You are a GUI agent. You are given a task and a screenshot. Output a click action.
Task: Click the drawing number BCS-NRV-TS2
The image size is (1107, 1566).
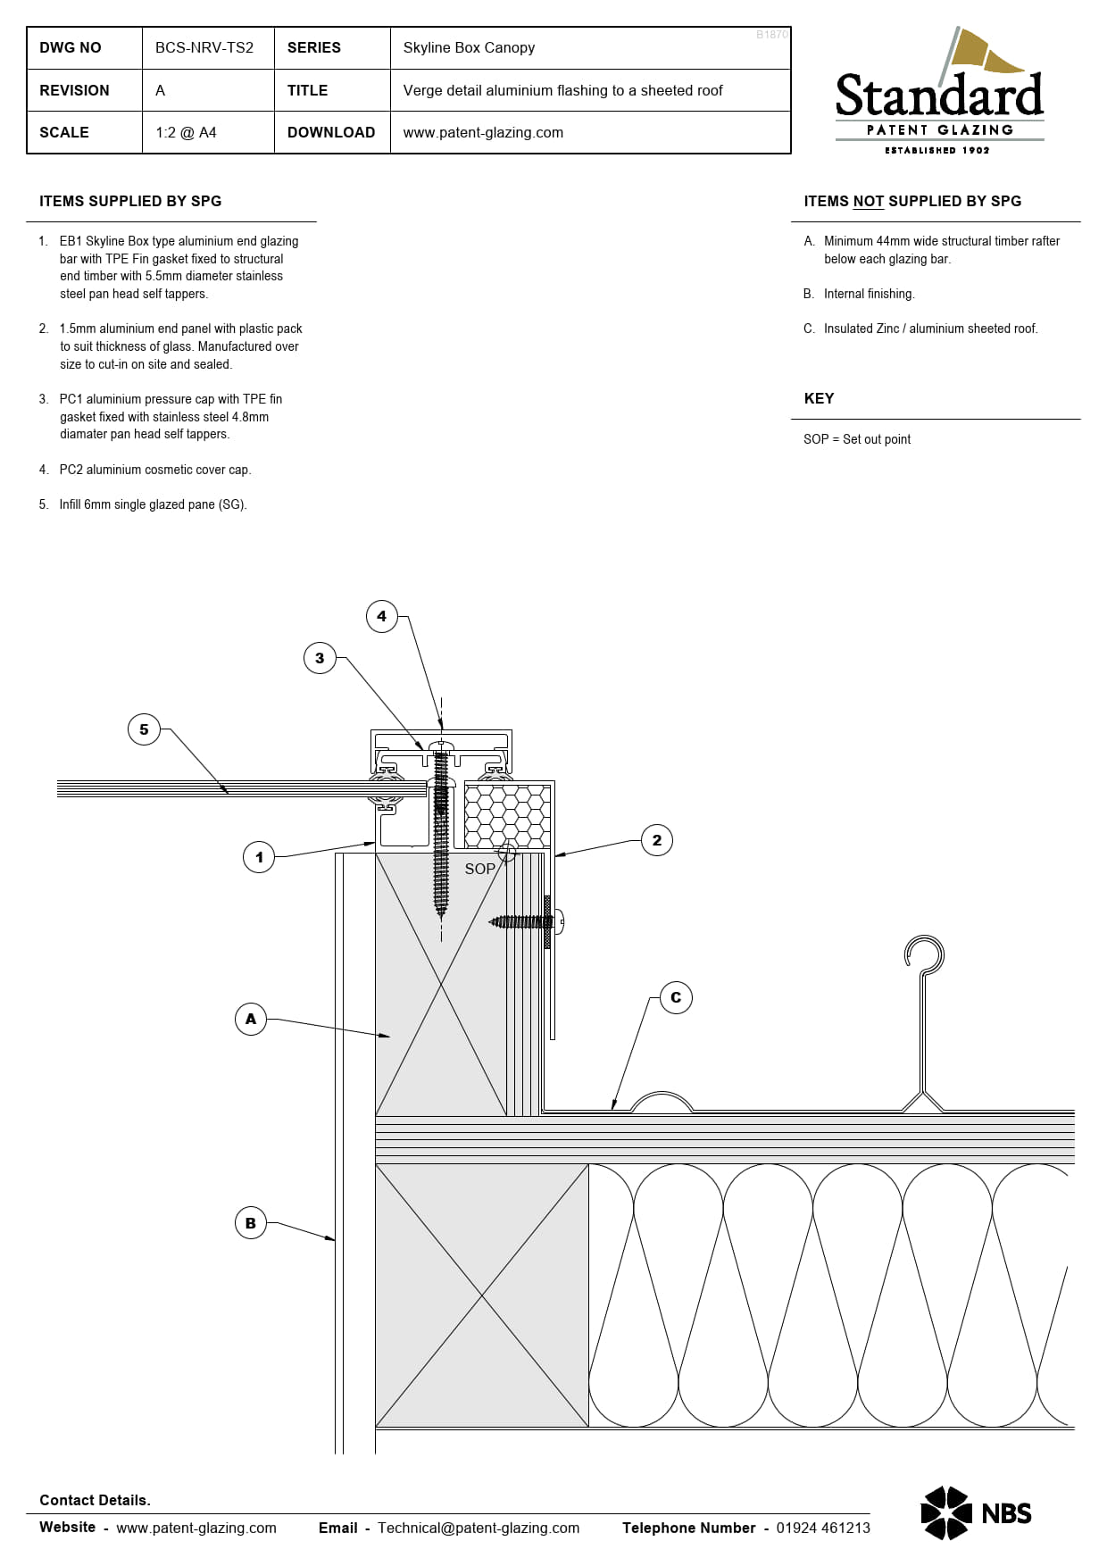[x=204, y=48]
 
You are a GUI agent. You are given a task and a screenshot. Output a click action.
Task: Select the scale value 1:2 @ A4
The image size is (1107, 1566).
[x=186, y=133]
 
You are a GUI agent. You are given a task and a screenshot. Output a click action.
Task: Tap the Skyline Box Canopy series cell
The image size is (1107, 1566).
[x=469, y=48]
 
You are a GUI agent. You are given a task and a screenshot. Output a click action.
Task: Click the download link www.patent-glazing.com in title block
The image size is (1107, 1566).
[x=483, y=133]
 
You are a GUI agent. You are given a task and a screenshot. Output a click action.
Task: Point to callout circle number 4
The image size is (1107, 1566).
[x=382, y=616]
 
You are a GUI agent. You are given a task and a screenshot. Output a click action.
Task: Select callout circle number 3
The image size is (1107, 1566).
[x=320, y=659]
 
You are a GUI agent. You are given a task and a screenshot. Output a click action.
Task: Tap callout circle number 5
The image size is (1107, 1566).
[x=144, y=729]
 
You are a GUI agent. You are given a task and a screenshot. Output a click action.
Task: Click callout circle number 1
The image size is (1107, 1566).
[x=259, y=858]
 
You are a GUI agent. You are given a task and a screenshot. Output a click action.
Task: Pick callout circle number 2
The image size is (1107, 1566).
[x=657, y=840]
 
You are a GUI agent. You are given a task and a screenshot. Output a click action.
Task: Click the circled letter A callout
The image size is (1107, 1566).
[x=251, y=1019]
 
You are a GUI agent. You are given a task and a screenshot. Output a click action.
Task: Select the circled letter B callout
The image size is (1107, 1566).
[x=251, y=1223]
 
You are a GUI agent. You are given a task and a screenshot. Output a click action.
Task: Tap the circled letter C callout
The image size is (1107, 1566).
[x=676, y=998]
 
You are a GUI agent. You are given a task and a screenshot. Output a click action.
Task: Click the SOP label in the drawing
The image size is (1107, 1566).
[x=479, y=869]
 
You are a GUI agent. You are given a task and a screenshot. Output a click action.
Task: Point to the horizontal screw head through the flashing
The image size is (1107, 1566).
[x=559, y=921]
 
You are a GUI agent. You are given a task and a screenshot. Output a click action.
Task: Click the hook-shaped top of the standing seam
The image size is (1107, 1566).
[x=925, y=954]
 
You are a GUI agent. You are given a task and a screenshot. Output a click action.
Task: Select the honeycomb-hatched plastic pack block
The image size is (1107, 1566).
[x=507, y=815]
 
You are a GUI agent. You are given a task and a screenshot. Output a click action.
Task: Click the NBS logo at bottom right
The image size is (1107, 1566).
[x=976, y=1512]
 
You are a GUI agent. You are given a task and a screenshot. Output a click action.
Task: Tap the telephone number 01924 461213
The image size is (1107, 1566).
[x=822, y=1528]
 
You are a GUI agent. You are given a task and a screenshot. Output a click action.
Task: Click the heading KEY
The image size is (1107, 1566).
[x=819, y=399]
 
